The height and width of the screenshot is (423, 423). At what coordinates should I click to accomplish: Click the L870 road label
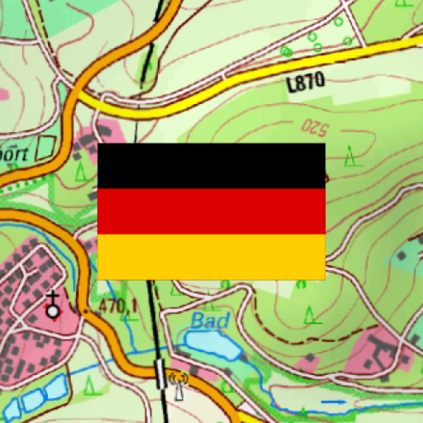point(305,82)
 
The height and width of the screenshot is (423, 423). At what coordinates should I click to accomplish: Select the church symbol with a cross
point(54,306)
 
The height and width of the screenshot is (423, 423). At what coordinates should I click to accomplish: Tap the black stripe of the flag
point(211,165)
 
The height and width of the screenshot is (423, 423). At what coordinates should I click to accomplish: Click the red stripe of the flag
point(211,211)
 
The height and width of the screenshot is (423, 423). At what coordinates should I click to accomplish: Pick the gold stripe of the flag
point(211,256)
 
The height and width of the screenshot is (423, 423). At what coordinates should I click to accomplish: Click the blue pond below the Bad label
point(211,343)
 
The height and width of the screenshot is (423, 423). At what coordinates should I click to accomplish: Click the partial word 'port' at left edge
point(15,154)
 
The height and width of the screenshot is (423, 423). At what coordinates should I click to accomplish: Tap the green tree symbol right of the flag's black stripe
point(352,154)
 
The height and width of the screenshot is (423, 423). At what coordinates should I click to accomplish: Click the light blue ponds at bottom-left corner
point(33,397)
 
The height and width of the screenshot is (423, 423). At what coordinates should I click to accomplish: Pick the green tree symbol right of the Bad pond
point(310,314)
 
